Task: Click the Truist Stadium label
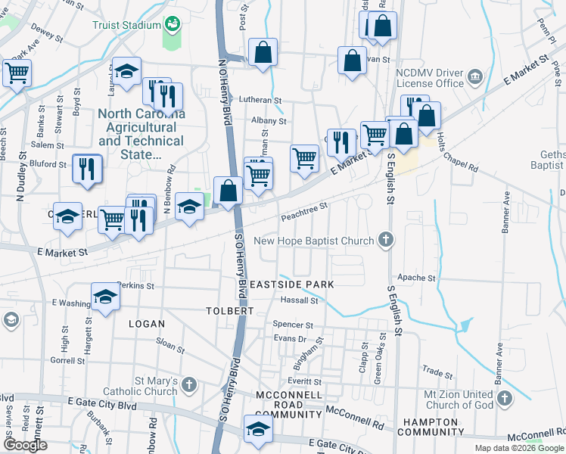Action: [x=126, y=24]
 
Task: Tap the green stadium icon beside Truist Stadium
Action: [x=173, y=24]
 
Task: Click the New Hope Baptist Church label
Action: [x=314, y=241]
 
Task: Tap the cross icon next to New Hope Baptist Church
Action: [x=386, y=241]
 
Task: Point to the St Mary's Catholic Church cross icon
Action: [x=189, y=385]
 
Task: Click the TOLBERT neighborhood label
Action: [x=229, y=311]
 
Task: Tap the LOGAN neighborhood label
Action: [x=147, y=324]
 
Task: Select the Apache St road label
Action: [x=416, y=278]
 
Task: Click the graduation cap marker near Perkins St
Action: [x=106, y=297]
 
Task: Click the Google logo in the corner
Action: [x=25, y=445]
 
